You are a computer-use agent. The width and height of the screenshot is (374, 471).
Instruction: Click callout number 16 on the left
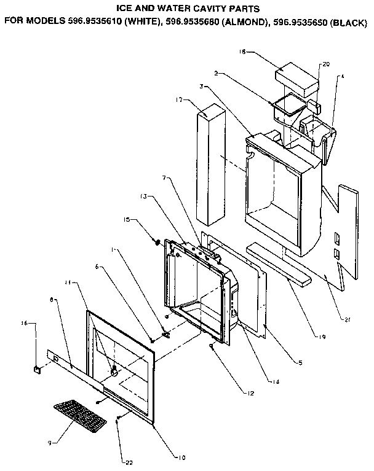pyautogui.click(x=25, y=322)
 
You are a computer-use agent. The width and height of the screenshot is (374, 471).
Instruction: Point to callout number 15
pyautogui.click(x=127, y=219)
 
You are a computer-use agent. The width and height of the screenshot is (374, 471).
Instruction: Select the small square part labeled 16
pyautogui.click(x=38, y=369)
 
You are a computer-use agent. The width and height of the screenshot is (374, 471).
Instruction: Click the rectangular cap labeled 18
pyautogui.click(x=296, y=76)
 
